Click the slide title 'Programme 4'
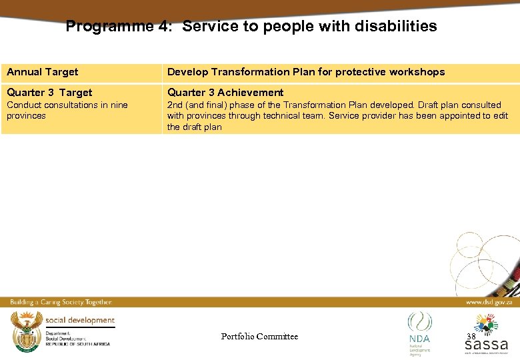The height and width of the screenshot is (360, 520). point(121,27)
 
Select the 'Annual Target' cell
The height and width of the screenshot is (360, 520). point(43,72)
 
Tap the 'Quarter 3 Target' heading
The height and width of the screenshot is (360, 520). point(49,93)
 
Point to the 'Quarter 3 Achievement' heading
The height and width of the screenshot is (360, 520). point(225,93)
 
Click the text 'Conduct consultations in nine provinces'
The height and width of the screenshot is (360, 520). point(67,110)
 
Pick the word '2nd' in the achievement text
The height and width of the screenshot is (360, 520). point(175,105)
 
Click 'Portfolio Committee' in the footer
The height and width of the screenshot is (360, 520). point(259,337)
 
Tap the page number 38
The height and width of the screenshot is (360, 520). point(471,337)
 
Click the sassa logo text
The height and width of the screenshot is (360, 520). point(486,345)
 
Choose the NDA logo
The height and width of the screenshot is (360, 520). point(419,330)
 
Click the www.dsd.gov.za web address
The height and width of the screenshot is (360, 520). point(489,302)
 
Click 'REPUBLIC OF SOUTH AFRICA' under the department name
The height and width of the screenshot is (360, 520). point(77,343)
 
